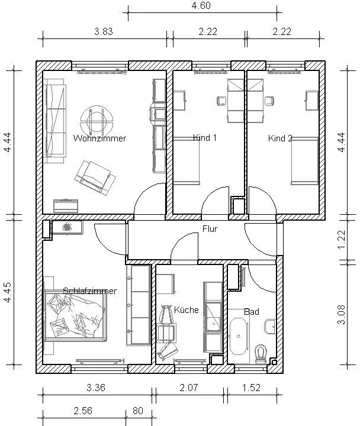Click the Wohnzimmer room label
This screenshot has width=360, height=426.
99,138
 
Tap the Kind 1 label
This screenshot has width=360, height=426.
205,138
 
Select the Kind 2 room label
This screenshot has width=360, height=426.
280,138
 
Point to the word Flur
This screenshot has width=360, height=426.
210,229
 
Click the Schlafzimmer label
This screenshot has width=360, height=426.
90,291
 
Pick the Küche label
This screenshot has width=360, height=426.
187,309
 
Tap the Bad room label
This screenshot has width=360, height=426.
252,312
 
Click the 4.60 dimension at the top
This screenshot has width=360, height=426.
201,5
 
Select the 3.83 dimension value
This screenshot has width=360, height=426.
104,31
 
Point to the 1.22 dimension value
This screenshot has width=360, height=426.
342,240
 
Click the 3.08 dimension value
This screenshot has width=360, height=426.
342,315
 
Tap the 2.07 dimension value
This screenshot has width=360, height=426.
189,388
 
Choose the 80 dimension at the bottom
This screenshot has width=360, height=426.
138,411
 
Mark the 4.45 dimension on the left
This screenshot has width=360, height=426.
8,292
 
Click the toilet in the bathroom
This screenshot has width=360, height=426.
261,354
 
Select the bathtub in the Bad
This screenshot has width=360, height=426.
239,337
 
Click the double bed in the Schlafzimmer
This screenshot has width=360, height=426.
76,316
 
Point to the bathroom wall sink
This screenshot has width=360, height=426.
270,326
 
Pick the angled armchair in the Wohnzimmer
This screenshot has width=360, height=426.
95,177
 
